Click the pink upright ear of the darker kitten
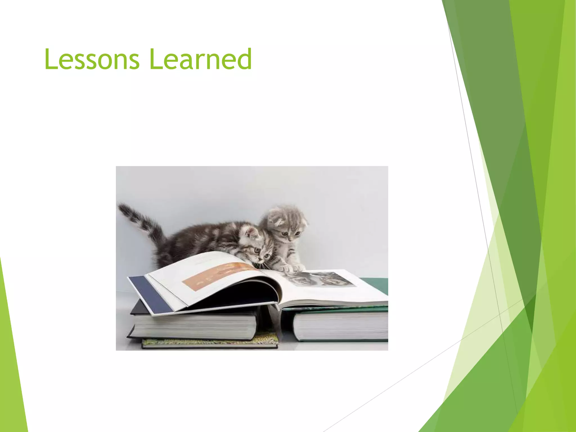251,232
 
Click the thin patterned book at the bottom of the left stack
210,343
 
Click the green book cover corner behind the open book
375,284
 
